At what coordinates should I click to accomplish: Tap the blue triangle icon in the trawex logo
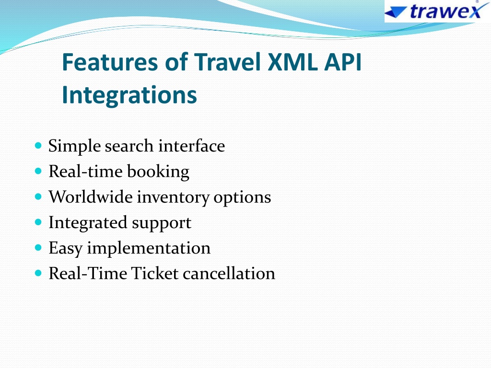(396, 12)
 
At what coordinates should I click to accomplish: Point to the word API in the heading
(343, 62)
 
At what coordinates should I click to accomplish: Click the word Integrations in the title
(129, 95)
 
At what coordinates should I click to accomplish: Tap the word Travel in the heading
(228, 62)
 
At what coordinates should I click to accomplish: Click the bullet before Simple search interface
(38, 146)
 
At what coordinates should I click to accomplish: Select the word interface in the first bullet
(192, 146)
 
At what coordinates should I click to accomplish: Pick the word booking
(158, 172)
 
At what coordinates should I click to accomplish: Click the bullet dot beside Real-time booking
(38, 171)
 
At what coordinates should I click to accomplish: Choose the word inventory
(173, 198)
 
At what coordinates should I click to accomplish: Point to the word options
(242, 198)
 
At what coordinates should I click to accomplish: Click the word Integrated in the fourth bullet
(88, 223)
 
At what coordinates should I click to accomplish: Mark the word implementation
(149, 249)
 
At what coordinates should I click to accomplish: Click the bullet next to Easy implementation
(38, 248)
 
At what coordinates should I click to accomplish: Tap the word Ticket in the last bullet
(155, 273)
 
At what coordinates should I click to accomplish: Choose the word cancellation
(229, 273)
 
